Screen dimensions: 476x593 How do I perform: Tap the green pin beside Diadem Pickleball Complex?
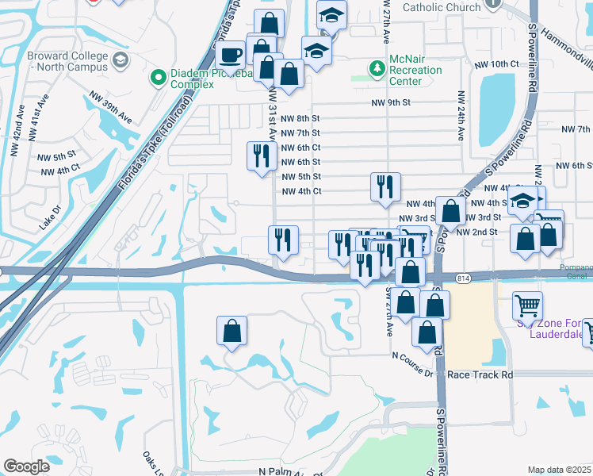pos(157,79)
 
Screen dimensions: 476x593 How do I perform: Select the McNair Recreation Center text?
pos(416,71)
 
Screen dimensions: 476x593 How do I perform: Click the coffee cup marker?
pos(231,56)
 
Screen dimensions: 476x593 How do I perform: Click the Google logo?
pos(26,466)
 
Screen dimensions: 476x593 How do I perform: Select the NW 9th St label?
pos(391,103)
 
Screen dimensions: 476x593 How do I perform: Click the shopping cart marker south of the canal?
pos(528,305)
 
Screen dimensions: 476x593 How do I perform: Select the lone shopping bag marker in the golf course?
pos(231,331)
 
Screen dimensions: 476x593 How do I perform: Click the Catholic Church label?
pos(442,8)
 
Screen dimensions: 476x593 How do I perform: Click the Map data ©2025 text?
pos(558,470)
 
